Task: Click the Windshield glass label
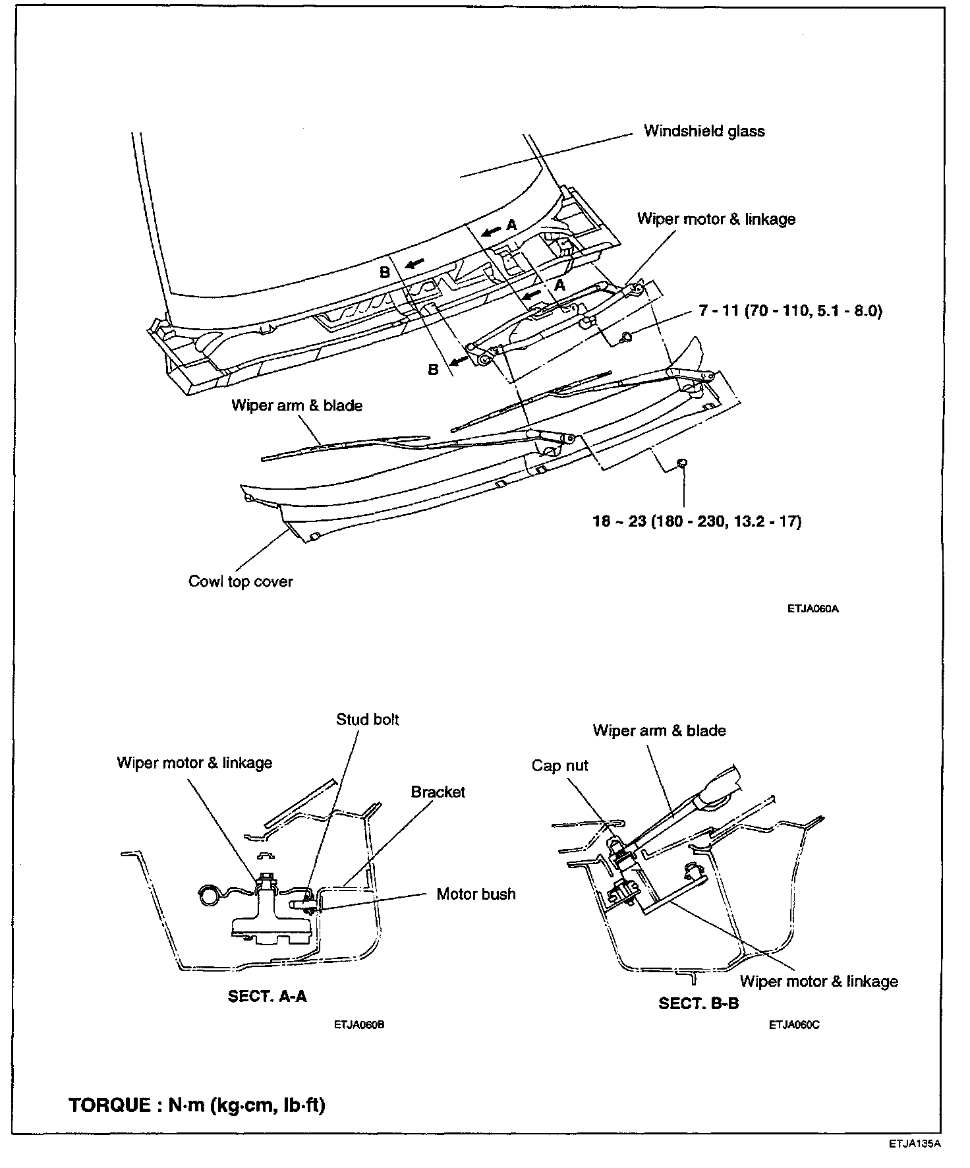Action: click(x=704, y=131)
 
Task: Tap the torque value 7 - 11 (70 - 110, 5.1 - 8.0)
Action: click(x=790, y=310)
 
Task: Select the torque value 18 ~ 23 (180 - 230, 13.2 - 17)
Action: click(x=697, y=521)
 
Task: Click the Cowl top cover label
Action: click(x=240, y=581)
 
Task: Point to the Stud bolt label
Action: click(x=367, y=719)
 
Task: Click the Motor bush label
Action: click(x=476, y=894)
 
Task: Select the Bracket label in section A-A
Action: click(x=438, y=792)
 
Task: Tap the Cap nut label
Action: click(x=559, y=766)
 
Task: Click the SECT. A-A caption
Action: click(x=267, y=996)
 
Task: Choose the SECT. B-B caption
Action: click(x=699, y=1003)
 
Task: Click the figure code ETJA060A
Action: click(x=813, y=609)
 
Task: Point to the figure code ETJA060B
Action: click(x=358, y=1025)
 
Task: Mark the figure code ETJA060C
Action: click(x=793, y=1025)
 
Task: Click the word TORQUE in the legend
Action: click(x=109, y=1105)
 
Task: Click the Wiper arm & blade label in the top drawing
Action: click(x=297, y=405)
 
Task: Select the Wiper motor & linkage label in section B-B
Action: click(x=818, y=981)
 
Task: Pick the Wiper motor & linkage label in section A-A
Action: click(x=194, y=763)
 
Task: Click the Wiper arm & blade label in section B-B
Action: click(x=659, y=730)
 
